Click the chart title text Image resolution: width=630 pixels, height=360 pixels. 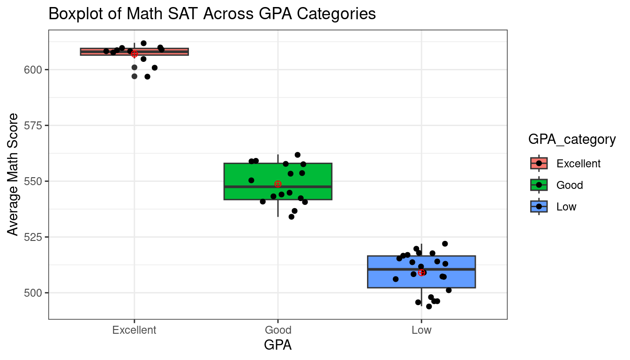pyautogui.click(x=212, y=14)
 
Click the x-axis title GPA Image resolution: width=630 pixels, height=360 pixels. pyautogui.click(x=277, y=345)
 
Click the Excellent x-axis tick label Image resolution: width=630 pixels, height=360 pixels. pyautogui.click(x=134, y=330)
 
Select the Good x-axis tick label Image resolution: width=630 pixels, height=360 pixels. pyautogui.click(x=277, y=330)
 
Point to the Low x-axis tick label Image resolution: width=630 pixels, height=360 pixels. pyautogui.click(x=421, y=330)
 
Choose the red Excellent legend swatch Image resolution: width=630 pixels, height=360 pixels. pyautogui.click(x=539, y=163)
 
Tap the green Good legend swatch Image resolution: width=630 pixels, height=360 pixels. pyautogui.click(x=539, y=185)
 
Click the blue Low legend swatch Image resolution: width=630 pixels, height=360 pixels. pyautogui.click(x=539, y=206)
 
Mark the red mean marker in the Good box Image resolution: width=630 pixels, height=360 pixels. pyautogui.click(x=278, y=184)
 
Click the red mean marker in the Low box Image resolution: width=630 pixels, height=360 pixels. pyautogui.click(x=421, y=273)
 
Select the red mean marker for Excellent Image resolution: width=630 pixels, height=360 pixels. pyautogui.click(x=135, y=54)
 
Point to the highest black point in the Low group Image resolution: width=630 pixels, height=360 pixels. pyautogui.click(x=445, y=244)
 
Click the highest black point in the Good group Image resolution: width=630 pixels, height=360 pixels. pyautogui.click(x=298, y=155)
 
